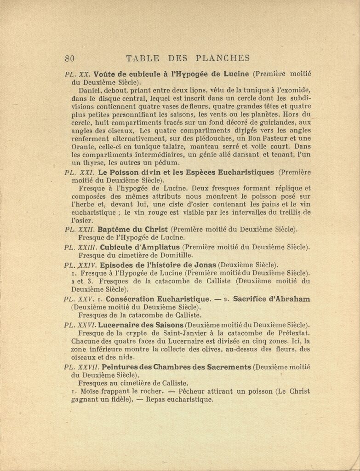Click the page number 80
(70, 58)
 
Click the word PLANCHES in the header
(223, 58)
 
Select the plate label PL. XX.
(78, 74)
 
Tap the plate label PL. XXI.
(79, 172)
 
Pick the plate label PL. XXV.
(80, 299)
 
